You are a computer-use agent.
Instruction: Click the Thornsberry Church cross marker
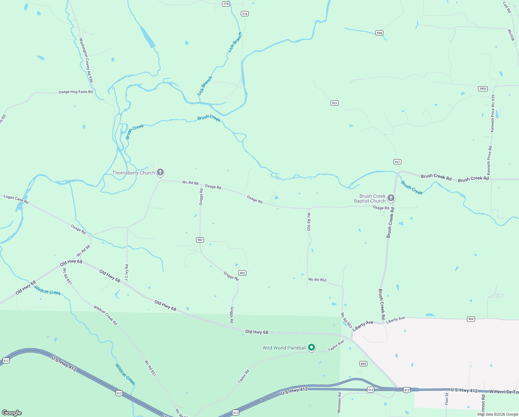[160, 172]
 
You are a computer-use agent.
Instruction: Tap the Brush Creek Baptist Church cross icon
[391, 198]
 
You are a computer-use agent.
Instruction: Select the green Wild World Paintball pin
[312, 347]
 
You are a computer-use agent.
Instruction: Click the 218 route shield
[226, 4]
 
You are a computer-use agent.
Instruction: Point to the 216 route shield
[245, 14]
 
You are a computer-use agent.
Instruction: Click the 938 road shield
[379, 33]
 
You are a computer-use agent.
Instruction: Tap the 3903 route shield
[483, 89]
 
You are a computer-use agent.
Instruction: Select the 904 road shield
[471, 319]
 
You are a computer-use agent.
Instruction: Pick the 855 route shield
[363, 363]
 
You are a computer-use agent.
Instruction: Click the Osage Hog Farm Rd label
[76, 92]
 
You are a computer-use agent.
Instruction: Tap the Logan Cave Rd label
[16, 199]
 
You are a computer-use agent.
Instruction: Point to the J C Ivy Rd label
[127, 273]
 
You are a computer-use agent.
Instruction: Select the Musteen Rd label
[339, 402]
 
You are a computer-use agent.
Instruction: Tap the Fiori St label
[447, 398]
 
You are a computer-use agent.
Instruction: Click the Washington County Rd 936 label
[86, 60]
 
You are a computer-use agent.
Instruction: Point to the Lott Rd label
[507, 7]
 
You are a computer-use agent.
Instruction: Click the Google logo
[12, 412]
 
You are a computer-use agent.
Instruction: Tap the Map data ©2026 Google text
[497, 414]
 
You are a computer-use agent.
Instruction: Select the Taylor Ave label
[336, 345]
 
